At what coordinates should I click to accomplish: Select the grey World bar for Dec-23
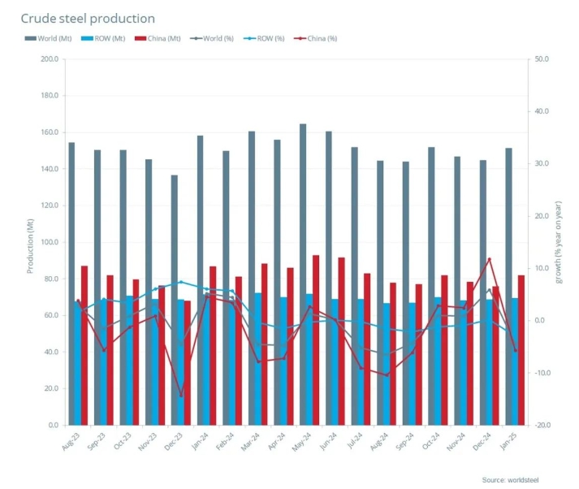(174, 300)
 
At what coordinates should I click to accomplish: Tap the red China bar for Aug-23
(84, 345)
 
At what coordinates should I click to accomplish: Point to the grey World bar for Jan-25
(508, 286)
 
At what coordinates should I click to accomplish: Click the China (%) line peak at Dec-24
(489, 259)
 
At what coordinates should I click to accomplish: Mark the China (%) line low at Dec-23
(181, 396)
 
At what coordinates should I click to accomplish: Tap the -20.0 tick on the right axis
(542, 425)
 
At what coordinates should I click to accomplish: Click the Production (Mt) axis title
(30, 242)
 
